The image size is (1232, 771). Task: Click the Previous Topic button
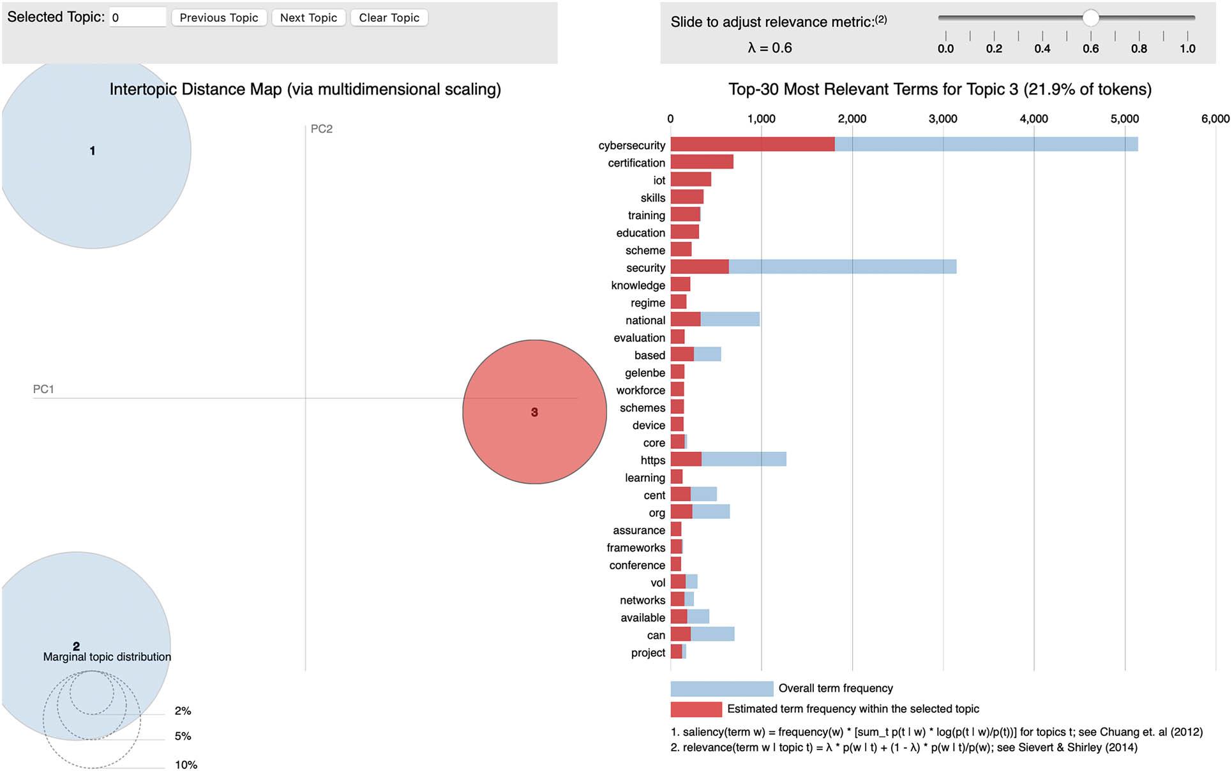tap(218, 18)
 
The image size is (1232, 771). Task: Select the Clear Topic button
tap(389, 18)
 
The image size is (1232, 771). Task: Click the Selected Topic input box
tap(137, 18)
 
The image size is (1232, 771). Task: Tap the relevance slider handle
tap(1090, 18)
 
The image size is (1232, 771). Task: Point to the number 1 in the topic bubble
tap(93, 151)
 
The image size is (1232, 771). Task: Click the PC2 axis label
tap(321, 129)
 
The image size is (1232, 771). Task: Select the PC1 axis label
tap(43, 389)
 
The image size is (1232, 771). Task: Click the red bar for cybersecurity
tap(752, 144)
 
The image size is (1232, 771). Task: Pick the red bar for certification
tap(702, 162)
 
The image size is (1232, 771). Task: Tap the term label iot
tap(659, 181)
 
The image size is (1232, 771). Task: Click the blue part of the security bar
tap(843, 267)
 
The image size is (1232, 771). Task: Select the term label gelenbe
tap(645, 373)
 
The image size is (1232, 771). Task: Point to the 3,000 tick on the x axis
tap(943, 119)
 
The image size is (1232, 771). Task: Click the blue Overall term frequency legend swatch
tap(721, 688)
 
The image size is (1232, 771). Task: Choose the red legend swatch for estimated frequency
tap(696, 709)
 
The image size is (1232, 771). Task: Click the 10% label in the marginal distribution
tap(186, 765)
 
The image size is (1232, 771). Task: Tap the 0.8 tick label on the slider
tap(1139, 49)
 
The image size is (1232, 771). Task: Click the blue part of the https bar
tap(744, 459)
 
